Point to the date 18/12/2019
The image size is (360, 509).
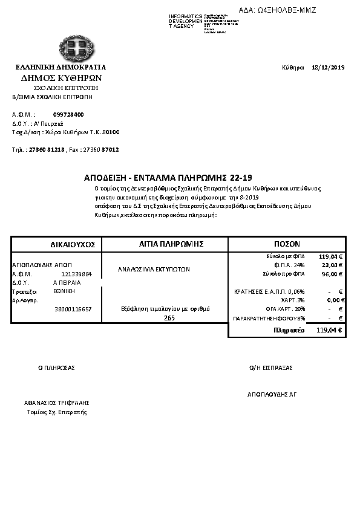coord(327,67)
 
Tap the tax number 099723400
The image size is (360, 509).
coord(68,114)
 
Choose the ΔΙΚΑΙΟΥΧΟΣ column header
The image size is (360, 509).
coord(73,244)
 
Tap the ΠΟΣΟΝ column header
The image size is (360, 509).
coord(287,244)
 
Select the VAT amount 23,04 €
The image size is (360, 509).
coord(332,265)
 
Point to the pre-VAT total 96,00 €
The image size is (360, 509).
coord(332,274)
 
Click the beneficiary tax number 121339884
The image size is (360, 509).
coord(76,274)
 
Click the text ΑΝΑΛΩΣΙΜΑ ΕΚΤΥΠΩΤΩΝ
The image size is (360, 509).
coord(154,270)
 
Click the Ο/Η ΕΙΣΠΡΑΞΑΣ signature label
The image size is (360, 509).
coord(270,367)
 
